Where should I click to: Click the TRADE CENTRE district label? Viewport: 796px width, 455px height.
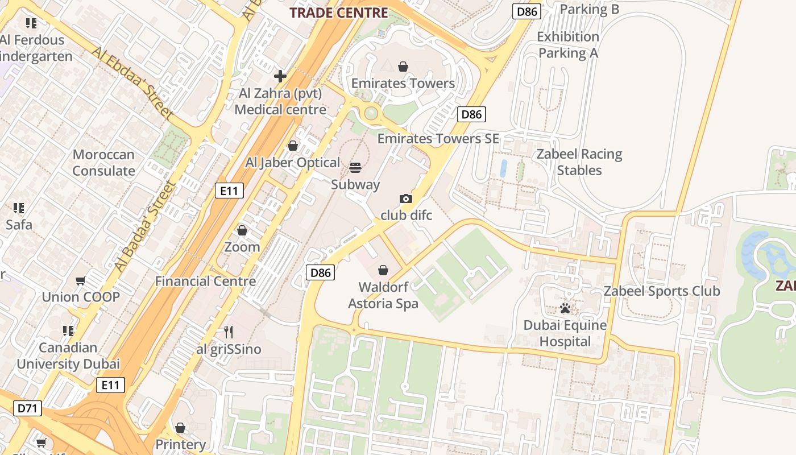tap(339, 13)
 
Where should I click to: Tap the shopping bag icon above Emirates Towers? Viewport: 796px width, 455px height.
tap(403, 67)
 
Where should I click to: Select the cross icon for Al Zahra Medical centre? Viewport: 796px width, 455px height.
tap(280, 76)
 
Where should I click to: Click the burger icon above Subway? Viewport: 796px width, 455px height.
tap(355, 167)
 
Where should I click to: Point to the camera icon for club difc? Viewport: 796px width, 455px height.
tap(405, 198)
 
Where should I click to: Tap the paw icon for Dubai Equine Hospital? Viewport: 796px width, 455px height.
tap(565, 308)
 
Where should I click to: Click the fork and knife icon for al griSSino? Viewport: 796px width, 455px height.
tap(229, 332)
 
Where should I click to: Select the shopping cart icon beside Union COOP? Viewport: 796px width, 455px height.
tap(81, 280)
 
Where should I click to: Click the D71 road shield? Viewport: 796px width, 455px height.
tap(27, 408)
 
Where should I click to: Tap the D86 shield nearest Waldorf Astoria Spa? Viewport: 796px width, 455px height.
tap(320, 272)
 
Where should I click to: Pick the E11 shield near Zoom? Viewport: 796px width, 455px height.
tap(229, 191)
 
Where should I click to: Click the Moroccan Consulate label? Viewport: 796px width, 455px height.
tap(103, 163)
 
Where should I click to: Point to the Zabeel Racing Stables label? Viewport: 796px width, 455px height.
tap(579, 162)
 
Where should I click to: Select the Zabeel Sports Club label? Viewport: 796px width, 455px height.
tap(662, 291)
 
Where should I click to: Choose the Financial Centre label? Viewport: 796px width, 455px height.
tap(205, 281)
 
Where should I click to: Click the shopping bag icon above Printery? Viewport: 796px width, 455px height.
tap(180, 427)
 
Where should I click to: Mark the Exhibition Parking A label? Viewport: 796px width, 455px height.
tap(569, 45)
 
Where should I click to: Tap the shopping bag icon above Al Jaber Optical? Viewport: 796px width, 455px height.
tap(293, 146)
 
